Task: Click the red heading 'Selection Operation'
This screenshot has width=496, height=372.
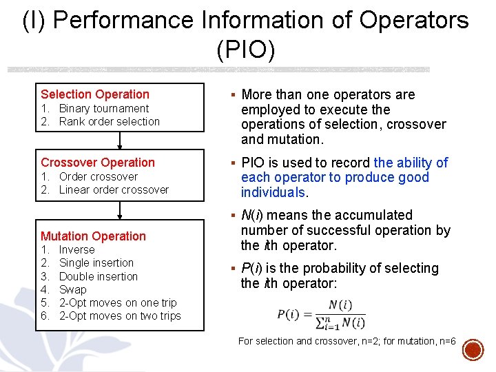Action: pyautogui.click(x=95, y=94)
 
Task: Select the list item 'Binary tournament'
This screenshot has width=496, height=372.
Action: pyautogui.click(x=103, y=108)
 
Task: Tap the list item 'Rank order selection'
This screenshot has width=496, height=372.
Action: pyautogui.click(x=109, y=121)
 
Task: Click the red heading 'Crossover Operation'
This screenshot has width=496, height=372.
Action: pyautogui.click(x=98, y=163)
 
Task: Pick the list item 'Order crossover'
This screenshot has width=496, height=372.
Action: pyautogui.click(x=98, y=176)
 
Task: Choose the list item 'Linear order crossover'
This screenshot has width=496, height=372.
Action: pyautogui.click(x=114, y=189)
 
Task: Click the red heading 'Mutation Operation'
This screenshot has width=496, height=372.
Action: pyautogui.click(x=94, y=236)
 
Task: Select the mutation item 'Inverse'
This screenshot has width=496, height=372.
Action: pyautogui.click(x=76, y=249)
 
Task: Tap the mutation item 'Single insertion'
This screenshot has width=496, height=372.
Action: pyautogui.click(x=96, y=262)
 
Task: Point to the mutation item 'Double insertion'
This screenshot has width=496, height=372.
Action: pyautogui.click(x=99, y=276)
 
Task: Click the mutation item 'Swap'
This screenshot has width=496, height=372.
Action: pyautogui.click(x=73, y=289)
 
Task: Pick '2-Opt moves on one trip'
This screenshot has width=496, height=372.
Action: pyautogui.click(x=118, y=302)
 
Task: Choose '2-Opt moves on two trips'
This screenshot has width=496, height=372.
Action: pyautogui.click(x=120, y=316)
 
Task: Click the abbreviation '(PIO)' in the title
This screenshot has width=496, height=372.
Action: pyautogui.click(x=246, y=50)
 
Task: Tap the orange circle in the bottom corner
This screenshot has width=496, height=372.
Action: pyautogui.click(x=473, y=350)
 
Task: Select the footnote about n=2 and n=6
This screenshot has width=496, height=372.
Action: pyautogui.click(x=347, y=341)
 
